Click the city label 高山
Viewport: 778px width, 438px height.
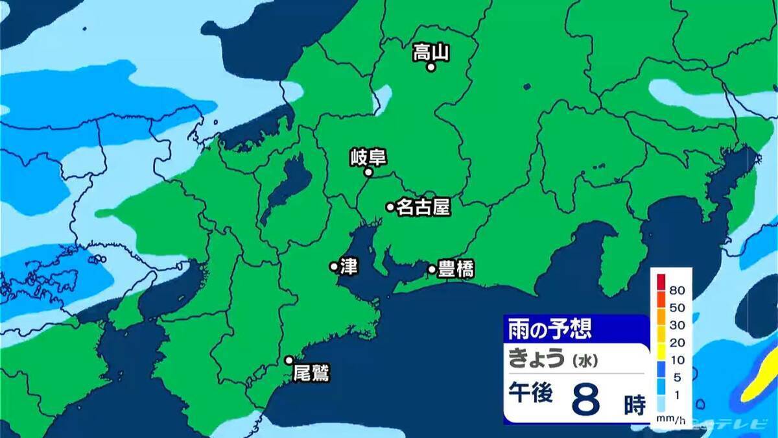tap(431, 52)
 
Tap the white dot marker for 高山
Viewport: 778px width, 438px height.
tap(430, 66)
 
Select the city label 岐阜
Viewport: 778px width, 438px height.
tap(368, 157)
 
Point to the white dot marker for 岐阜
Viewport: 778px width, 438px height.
tap(368, 173)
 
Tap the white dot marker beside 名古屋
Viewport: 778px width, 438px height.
tap(390, 207)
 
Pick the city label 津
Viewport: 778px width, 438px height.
tap(348, 265)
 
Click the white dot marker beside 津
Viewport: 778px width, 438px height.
tap(334, 265)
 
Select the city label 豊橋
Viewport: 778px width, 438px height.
tap(456, 269)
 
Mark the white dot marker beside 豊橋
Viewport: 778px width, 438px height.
tap(432, 269)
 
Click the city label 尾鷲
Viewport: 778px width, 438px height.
tap(311, 373)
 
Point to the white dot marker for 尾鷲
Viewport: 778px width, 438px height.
tap(289, 360)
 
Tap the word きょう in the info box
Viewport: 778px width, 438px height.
tap(536, 358)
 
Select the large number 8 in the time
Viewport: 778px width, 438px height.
tap(587, 400)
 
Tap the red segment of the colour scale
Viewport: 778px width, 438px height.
tap(661, 282)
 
